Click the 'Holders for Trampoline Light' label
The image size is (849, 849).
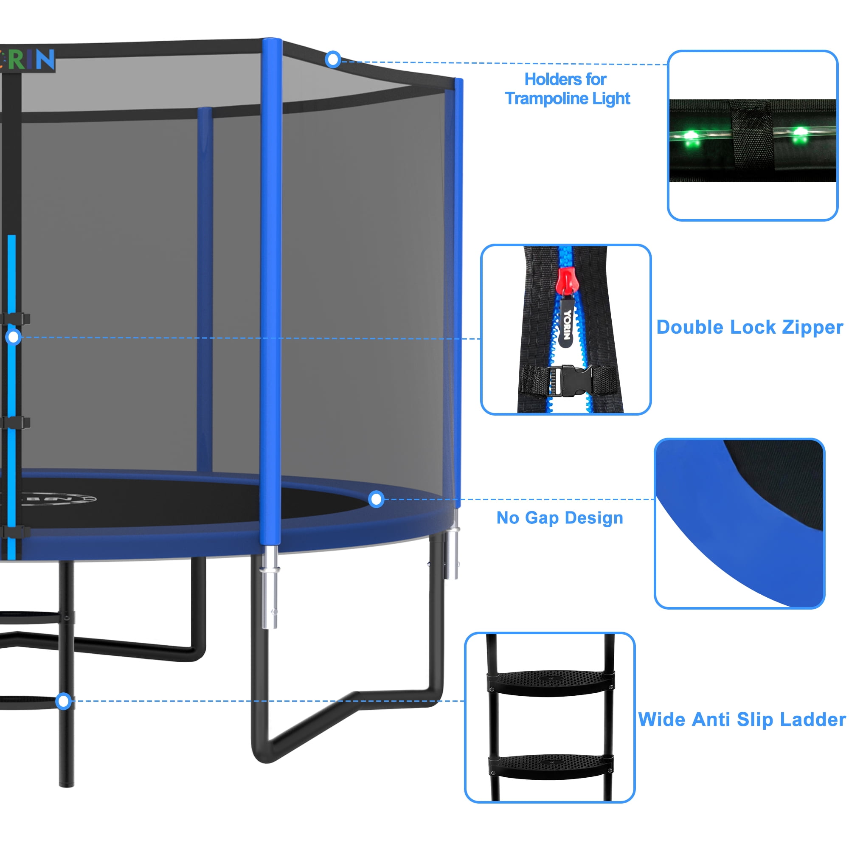pos(567,89)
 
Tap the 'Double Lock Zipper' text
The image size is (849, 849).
pos(750,328)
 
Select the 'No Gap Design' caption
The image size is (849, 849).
pos(560,517)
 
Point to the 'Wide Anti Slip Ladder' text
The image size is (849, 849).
pos(742,720)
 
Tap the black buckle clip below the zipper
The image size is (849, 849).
pos(571,380)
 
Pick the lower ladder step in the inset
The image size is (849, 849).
pos(551,767)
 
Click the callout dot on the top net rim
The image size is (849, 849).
pos(333,59)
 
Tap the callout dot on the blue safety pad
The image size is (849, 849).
pos(376,499)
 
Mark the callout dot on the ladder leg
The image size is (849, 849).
pos(64,701)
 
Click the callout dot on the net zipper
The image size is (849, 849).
pos(14,337)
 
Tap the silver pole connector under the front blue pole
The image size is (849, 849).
pos(270,587)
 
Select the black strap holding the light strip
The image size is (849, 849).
pos(752,136)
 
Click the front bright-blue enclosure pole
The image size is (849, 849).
pos(271,292)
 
